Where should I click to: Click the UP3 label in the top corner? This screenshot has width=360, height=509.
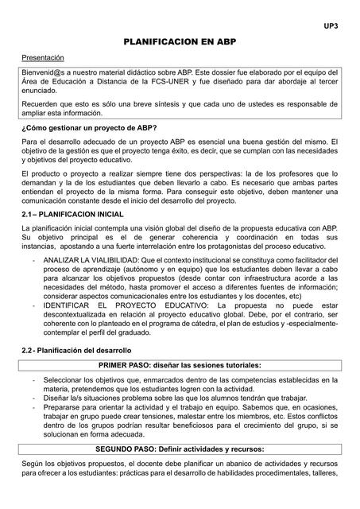click(x=331, y=26)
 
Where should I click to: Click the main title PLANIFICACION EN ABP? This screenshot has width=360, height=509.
click(x=180, y=41)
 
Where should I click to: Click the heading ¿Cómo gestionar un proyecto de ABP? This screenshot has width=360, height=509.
click(x=88, y=128)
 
